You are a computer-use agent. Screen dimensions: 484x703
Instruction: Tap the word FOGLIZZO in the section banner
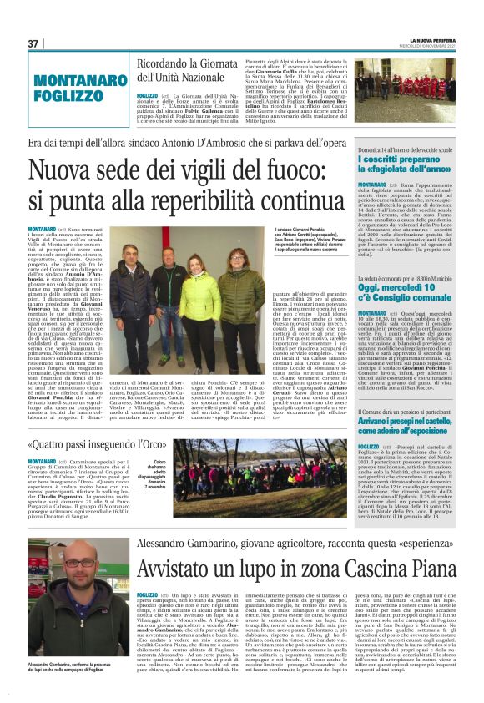[63, 95]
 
